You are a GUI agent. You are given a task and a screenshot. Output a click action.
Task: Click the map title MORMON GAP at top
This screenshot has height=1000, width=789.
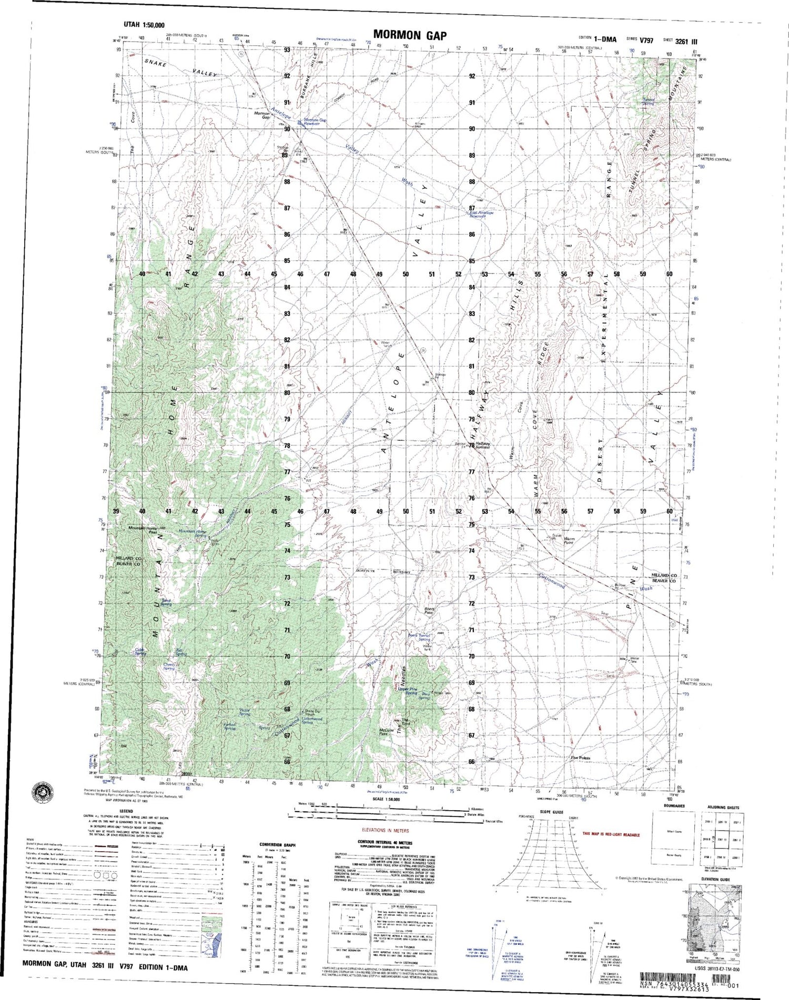(410, 35)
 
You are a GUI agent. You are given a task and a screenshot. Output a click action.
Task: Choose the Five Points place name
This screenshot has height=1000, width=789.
(580, 758)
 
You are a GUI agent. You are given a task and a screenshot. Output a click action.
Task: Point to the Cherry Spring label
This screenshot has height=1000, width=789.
(169, 666)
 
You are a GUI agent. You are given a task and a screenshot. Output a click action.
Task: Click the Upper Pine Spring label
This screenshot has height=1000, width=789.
(408, 691)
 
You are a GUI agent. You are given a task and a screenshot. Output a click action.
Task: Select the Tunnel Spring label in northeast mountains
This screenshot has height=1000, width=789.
(649, 102)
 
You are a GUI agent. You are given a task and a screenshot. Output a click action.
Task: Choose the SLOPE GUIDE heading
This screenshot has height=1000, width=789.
(552, 812)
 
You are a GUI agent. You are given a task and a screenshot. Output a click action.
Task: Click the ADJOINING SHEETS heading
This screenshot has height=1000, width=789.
(723, 807)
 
